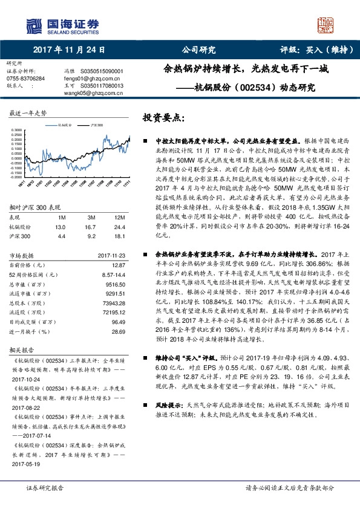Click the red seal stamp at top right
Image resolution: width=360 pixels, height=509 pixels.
tap(325, 25)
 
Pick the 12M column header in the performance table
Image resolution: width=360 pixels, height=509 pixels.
tap(119, 217)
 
